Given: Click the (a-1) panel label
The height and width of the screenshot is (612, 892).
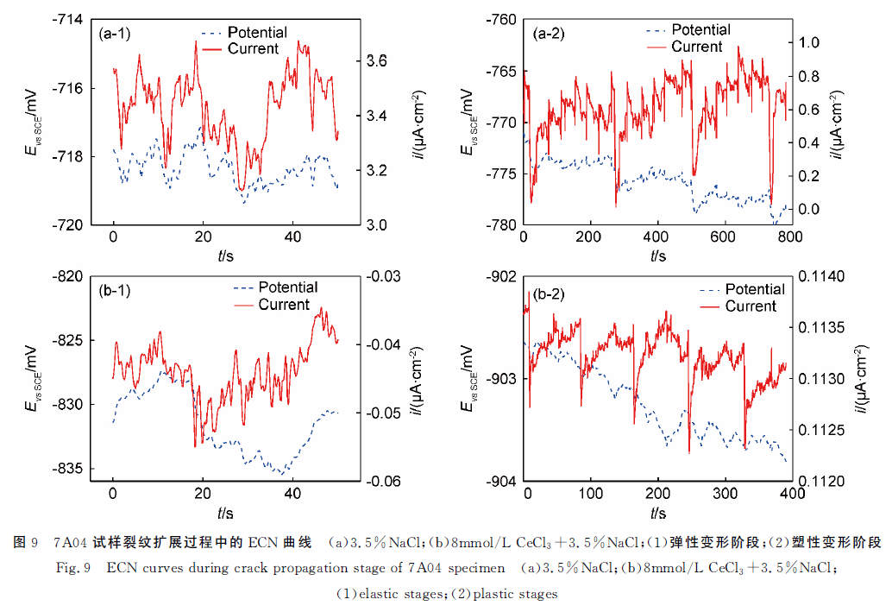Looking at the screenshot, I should tap(116, 35).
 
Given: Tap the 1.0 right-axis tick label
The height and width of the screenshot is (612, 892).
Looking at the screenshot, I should tap(814, 42).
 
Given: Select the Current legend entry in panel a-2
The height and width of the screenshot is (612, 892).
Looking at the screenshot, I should tap(696, 47).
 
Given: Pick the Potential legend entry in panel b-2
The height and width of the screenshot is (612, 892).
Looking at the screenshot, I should tap(755, 289).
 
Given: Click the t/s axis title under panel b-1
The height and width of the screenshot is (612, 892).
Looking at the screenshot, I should tap(225, 513).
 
